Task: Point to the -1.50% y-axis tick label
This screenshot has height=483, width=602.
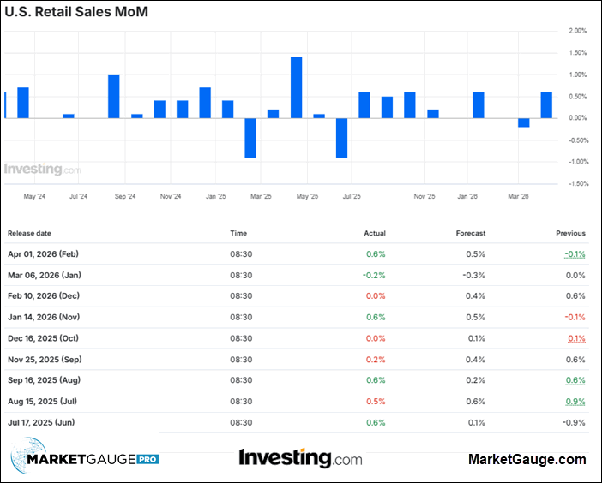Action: click(x=575, y=183)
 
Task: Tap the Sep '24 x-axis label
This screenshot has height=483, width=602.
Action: click(x=125, y=196)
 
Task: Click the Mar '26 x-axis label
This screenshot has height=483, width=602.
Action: click(x=518, y=196)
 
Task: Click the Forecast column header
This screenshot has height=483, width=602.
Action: click(x=471, y=233)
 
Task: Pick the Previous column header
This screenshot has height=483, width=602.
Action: click(x=570, y=233)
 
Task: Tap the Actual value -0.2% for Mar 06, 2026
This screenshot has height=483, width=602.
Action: click(x=375, y=275)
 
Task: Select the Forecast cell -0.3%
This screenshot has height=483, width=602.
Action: click(x=474, y=275)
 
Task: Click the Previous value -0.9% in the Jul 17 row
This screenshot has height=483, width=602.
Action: click(x=575, y=422)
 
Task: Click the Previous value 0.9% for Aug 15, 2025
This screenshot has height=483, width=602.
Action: click(x=576, y=401)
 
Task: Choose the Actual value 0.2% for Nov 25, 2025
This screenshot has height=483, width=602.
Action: click(x=376, y=359)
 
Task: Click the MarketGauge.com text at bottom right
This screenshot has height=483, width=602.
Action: click(x=527, y=460)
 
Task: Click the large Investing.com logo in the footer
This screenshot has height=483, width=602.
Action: click(x=300, y=458)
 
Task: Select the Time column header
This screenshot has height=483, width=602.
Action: click(x=238, y=233)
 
